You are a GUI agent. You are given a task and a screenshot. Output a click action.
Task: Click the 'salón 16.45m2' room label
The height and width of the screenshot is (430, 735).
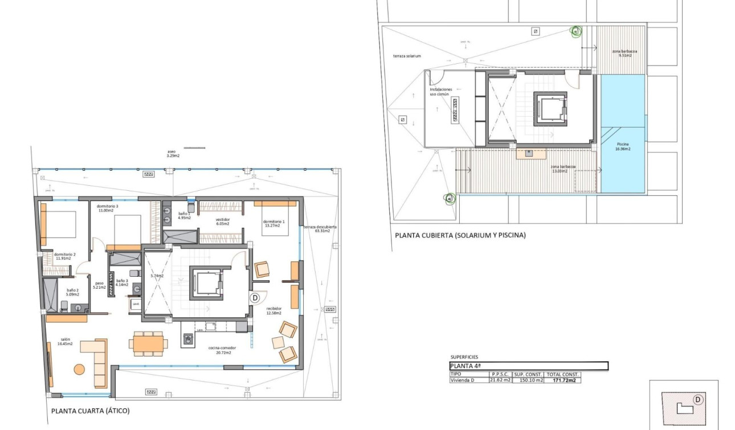click(64, 341)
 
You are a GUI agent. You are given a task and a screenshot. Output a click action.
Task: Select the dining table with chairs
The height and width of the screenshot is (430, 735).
click(148, 343)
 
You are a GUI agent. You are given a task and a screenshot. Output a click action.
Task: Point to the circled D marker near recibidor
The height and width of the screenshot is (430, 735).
click(255, 297)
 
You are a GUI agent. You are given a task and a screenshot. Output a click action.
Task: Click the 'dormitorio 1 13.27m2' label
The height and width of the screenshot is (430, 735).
click(273, 223)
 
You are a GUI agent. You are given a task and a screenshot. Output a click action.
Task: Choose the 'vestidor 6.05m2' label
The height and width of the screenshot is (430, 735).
click(222, 222)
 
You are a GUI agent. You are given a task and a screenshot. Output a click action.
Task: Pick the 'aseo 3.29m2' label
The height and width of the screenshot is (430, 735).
click(173, 153)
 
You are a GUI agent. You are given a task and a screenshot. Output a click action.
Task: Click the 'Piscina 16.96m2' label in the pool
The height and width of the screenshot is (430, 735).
click(623, 146)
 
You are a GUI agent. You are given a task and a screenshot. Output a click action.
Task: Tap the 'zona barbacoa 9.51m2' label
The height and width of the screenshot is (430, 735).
click(624, 54)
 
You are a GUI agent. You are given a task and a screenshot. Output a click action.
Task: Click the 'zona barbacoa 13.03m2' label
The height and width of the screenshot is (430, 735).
click(563, 169)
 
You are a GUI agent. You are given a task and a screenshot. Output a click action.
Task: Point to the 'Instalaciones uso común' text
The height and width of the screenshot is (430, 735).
click(441, 92)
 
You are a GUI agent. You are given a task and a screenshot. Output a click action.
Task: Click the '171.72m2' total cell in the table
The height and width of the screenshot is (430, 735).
click(563, 380)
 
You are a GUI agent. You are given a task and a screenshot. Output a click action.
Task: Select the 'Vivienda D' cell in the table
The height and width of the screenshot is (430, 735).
click(463, 380)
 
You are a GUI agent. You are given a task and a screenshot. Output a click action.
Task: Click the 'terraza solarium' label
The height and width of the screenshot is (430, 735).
click(407, 56)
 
